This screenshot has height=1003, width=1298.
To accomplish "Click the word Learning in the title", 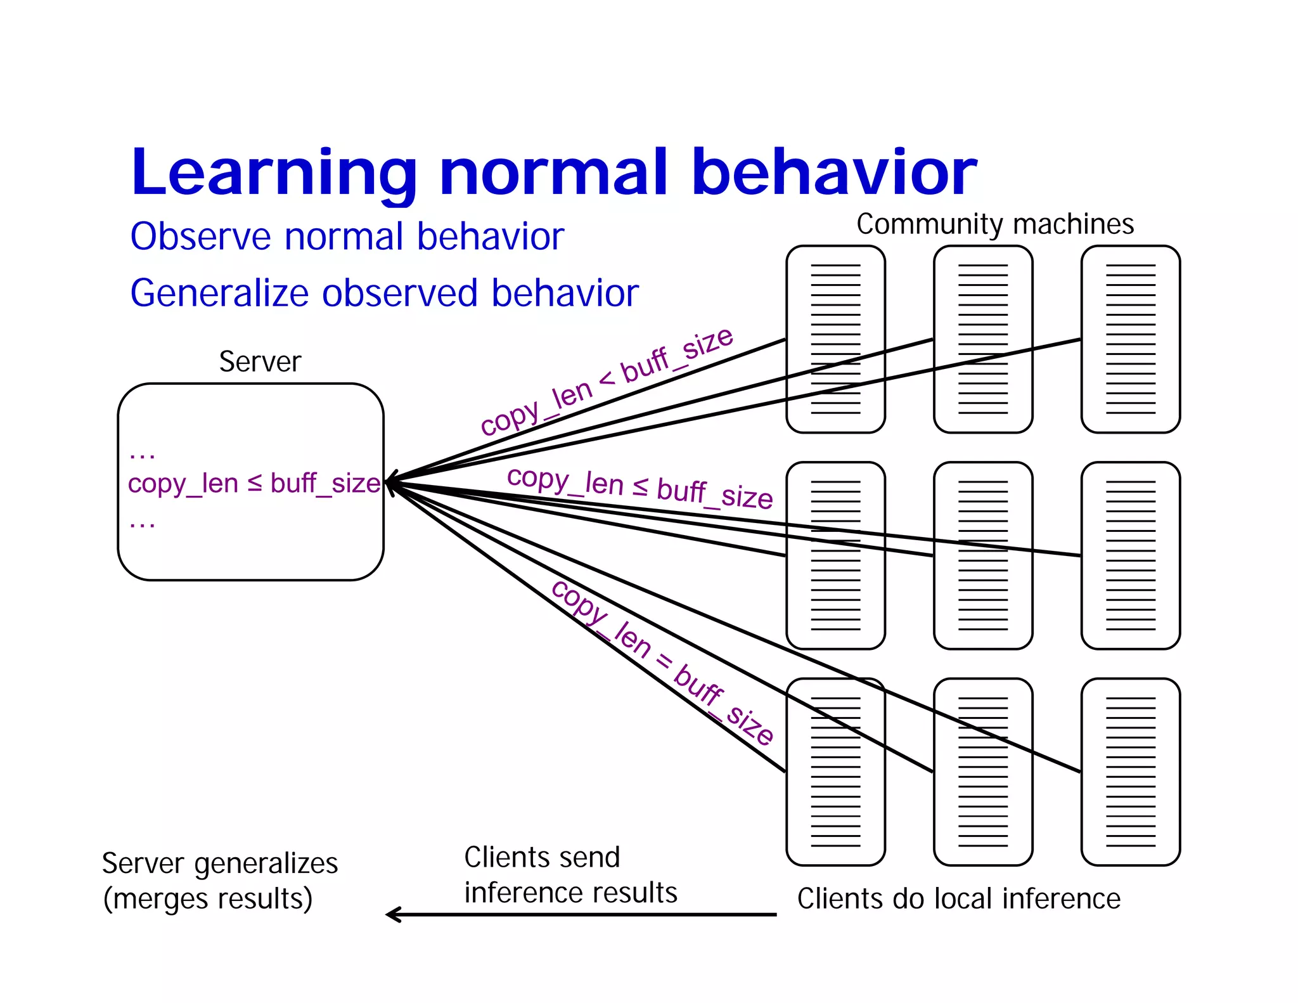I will (x=273, y=172).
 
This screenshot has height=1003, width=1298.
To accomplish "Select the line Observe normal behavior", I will (x=347, y=237).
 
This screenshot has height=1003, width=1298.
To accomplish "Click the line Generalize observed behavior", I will (x=384, y=294).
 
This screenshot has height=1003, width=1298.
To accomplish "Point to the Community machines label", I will (x=994, y=224).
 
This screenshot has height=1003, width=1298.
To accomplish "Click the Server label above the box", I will (x=260, y=362).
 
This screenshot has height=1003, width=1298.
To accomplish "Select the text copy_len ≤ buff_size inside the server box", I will (x=254, y=484).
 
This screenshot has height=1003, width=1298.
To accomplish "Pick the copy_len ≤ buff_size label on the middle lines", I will (x=639, y=488).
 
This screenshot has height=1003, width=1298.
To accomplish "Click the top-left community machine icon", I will (x=835, y=339).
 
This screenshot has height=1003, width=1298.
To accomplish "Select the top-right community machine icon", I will (x=1130, y=339).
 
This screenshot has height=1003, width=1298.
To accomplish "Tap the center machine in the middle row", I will (x=983, y=555).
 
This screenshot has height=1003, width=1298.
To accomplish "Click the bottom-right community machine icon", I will (x=1130, y=772).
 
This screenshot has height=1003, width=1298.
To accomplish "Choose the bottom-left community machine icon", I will (x=835, y=772).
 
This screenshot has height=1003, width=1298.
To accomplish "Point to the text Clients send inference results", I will (x=570, y=875).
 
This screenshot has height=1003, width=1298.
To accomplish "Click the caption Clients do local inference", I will (x=958, y=899).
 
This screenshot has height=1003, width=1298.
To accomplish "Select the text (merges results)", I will (x=208, y=899).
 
